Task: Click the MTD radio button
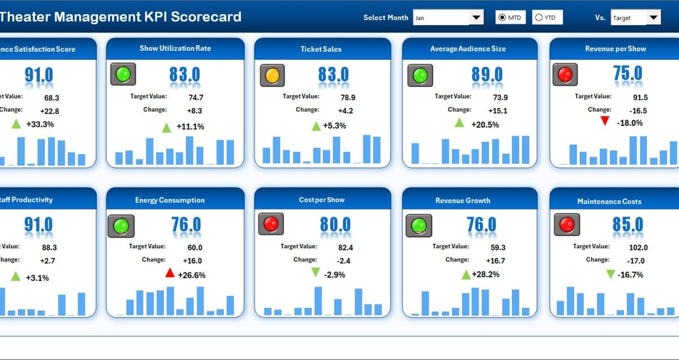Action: click(x=502, y=18)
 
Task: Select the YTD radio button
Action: click(x=539, y=18)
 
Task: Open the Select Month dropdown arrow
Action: click(x=476, y=18)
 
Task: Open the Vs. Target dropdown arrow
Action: click(x=653, y=18)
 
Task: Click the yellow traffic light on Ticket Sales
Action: click(x=272, y=75)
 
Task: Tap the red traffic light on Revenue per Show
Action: click(x=565, y=75)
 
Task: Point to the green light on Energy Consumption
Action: click(x=121, y=226)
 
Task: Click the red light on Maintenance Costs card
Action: click(x=567, y=225)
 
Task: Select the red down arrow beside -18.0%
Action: click(x=604, y=121)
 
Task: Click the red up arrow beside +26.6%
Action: click(x=169, y=273)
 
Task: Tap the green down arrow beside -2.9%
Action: click(x=315, y=273)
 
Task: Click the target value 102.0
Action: click(x=638, y=247)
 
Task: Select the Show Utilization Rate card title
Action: click(x=175, y=48)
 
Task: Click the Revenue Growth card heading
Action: click(x=462, y=200)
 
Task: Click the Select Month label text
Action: click(x=386, y=18)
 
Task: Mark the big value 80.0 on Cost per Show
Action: click(x=335, y=225)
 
